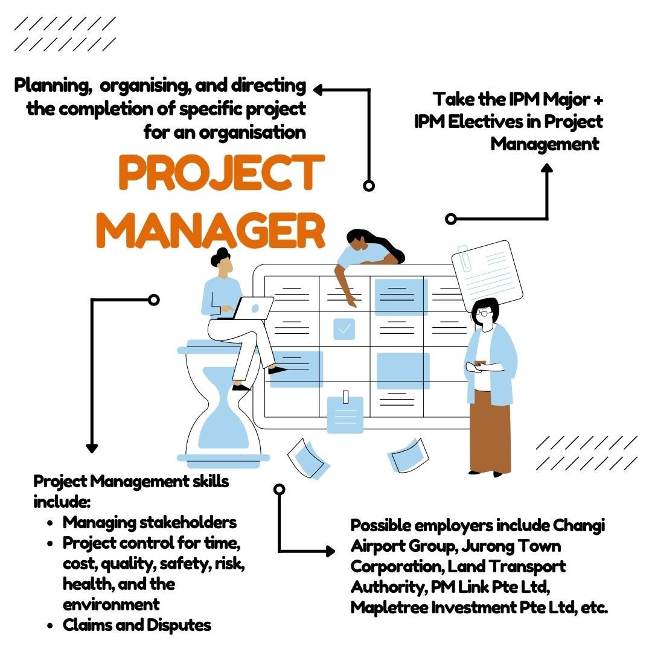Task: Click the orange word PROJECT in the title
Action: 222,173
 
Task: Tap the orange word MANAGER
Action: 211,231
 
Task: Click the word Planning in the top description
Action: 53,86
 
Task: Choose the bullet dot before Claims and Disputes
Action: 50,626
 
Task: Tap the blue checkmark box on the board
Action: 344,329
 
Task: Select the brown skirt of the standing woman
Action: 490,432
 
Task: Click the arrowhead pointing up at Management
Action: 547,168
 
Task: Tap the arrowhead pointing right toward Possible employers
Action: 331,551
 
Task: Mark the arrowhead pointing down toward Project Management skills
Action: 92,448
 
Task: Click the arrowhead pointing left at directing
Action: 318,90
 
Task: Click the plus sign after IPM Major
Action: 598,100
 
